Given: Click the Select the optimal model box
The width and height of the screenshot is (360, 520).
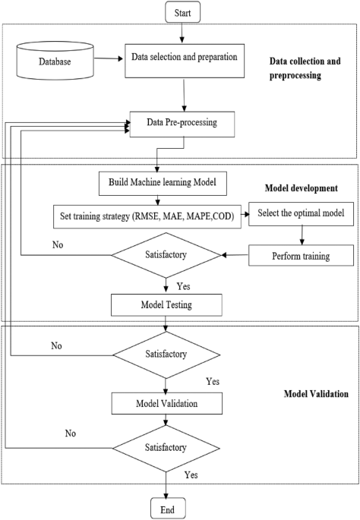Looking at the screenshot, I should (x=301, y=214).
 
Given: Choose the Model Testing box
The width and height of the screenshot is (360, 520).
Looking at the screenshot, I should (x=166, y=304).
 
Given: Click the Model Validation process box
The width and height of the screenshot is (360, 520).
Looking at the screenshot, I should (x=166, y=403).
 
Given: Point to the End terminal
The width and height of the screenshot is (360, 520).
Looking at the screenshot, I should (x=166, y=508).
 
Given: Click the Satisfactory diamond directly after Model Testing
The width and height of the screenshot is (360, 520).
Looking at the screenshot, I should (x=166, y=354).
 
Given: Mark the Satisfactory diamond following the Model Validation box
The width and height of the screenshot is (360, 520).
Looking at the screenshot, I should (x=166, y=449).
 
